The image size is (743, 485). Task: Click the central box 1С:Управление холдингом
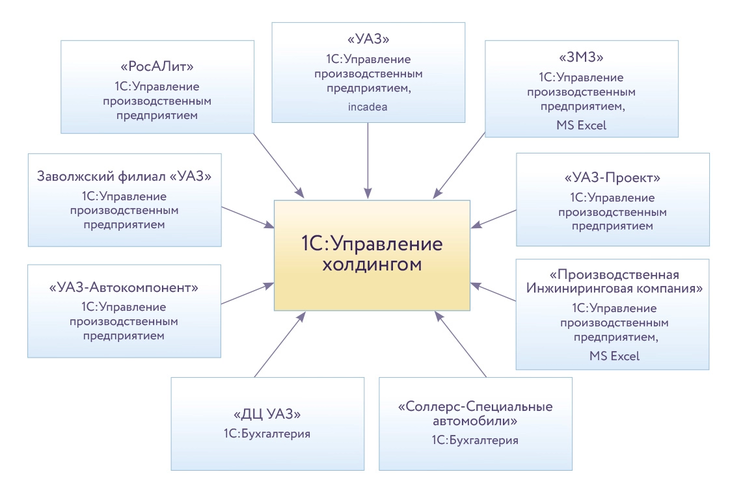coord(371,255)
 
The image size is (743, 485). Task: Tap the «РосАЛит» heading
coord(157,66)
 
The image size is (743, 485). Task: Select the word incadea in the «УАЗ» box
coord(368,107)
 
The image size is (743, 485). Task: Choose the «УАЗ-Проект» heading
coord(612,177)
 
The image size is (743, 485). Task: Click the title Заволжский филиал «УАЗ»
coord(124,176)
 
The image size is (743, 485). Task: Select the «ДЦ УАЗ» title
coord(267,413)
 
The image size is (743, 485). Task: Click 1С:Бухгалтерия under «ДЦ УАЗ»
coord(267,432)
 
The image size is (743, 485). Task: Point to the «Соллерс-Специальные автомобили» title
coord(475,414)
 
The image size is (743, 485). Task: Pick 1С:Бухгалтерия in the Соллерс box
coord(475,440)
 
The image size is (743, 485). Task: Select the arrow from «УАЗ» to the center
coord(368,156)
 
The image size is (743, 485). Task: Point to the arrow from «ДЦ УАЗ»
coord(279,344)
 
